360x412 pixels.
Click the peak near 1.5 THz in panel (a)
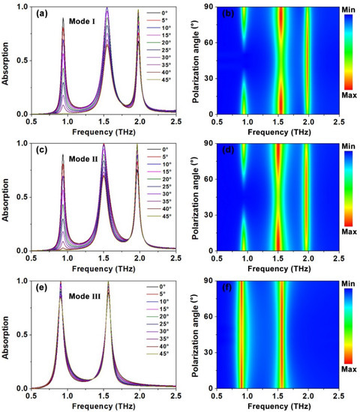(x=107, y=9)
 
